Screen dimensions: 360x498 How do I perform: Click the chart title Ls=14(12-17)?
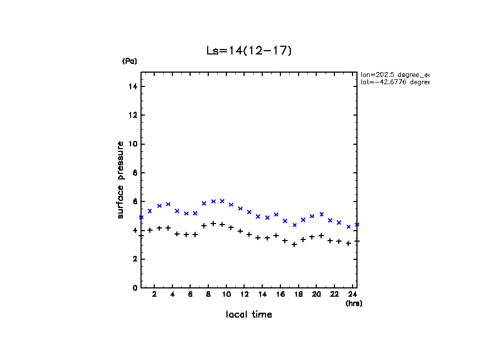click(x=248, y=51)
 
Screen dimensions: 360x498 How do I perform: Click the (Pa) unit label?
click(x=129, y=61)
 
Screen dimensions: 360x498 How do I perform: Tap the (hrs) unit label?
click(x=354, y=303)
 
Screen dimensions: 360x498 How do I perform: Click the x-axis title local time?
click(x=248, y=315)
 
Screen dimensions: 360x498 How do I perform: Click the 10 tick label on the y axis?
click(x=133, y=144)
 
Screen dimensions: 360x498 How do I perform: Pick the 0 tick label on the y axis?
click(x=134, y=288)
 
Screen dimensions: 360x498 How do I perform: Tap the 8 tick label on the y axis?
click(x=134, y=173)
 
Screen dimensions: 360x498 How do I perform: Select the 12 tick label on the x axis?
click(x=244, y=295)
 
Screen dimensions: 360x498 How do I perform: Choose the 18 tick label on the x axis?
click(x=298, y=295)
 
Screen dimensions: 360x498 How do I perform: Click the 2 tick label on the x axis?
click(x=155, y=295)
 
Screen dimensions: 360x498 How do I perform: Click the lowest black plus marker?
click(x=294, y=244)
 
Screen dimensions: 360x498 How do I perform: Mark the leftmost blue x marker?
click(x=141, y=217)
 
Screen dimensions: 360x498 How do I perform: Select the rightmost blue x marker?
click(x=357, y=225)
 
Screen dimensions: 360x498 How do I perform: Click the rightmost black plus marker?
click(x=357, y=241)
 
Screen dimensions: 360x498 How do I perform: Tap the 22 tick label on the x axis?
click(x=334, y=295)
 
